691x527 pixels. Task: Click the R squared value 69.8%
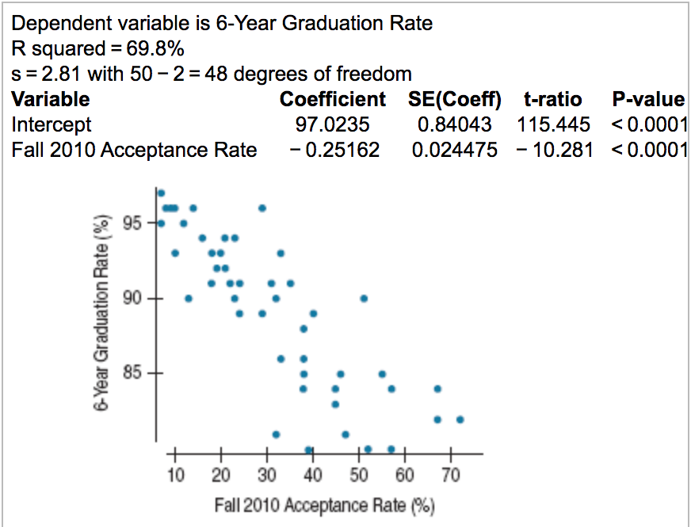[155, 49]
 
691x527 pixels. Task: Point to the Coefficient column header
[333, 100]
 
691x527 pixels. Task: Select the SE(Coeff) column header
[455, 100]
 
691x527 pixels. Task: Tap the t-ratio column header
[553, 100]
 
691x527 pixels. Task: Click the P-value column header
[648, 100]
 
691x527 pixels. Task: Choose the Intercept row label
[52, 124]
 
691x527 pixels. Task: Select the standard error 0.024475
[455, 150]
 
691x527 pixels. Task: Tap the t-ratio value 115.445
[554, 124]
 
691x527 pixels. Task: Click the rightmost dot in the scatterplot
[460, 419]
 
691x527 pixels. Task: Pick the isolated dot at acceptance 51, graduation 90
[364, 299]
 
